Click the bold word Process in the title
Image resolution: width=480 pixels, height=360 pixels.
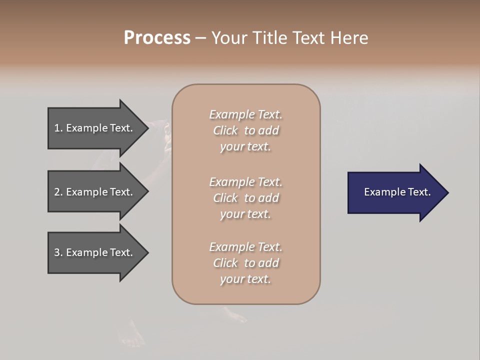point(157,38)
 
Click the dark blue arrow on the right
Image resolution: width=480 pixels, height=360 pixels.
point(395,192)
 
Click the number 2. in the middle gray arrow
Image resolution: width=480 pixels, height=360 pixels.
point(58,192)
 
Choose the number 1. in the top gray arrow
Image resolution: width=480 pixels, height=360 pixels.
point(58,128)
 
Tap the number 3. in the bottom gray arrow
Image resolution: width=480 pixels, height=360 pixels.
point(58,252)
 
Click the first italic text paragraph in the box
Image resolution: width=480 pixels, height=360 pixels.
point(245,130)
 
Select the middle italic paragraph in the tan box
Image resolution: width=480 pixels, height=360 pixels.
point(245,198)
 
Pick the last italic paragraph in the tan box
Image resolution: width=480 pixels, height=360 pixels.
point(245,263)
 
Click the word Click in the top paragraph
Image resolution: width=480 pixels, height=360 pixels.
point(225,130)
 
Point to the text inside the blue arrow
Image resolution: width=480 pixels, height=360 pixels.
point(397,192)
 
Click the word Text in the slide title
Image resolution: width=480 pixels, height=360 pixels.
point(308,38)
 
